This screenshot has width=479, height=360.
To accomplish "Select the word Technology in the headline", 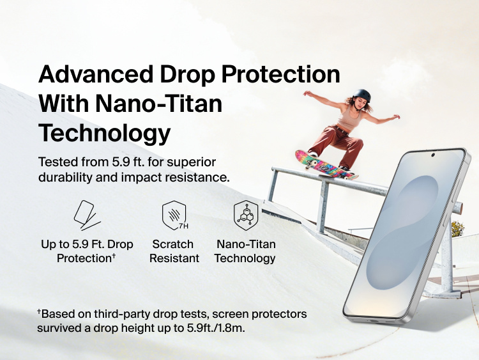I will [105, 133].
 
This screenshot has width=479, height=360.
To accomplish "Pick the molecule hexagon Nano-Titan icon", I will [245, 215].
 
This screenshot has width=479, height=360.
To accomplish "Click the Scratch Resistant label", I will [174, 251].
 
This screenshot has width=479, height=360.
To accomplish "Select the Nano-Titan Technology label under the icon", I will [245, 251].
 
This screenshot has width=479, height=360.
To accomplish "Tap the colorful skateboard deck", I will [324, 165].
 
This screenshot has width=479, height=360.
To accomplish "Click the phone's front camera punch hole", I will [433, 155].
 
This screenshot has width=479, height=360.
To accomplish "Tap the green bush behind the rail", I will [457, 228].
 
